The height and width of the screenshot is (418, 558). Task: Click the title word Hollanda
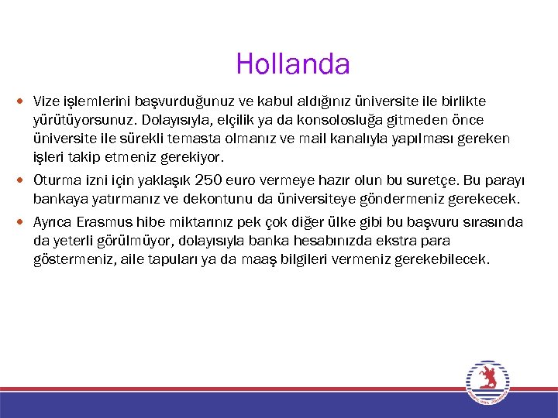pyautogui.click(x=293, y=63)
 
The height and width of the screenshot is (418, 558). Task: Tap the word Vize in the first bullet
pyautogui.click(x=46, y=101)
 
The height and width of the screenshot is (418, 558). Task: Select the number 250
pyautogui.click(x=209, y=180)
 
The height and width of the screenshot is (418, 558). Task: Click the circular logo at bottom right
pyautogui.click(x=487, y=381)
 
